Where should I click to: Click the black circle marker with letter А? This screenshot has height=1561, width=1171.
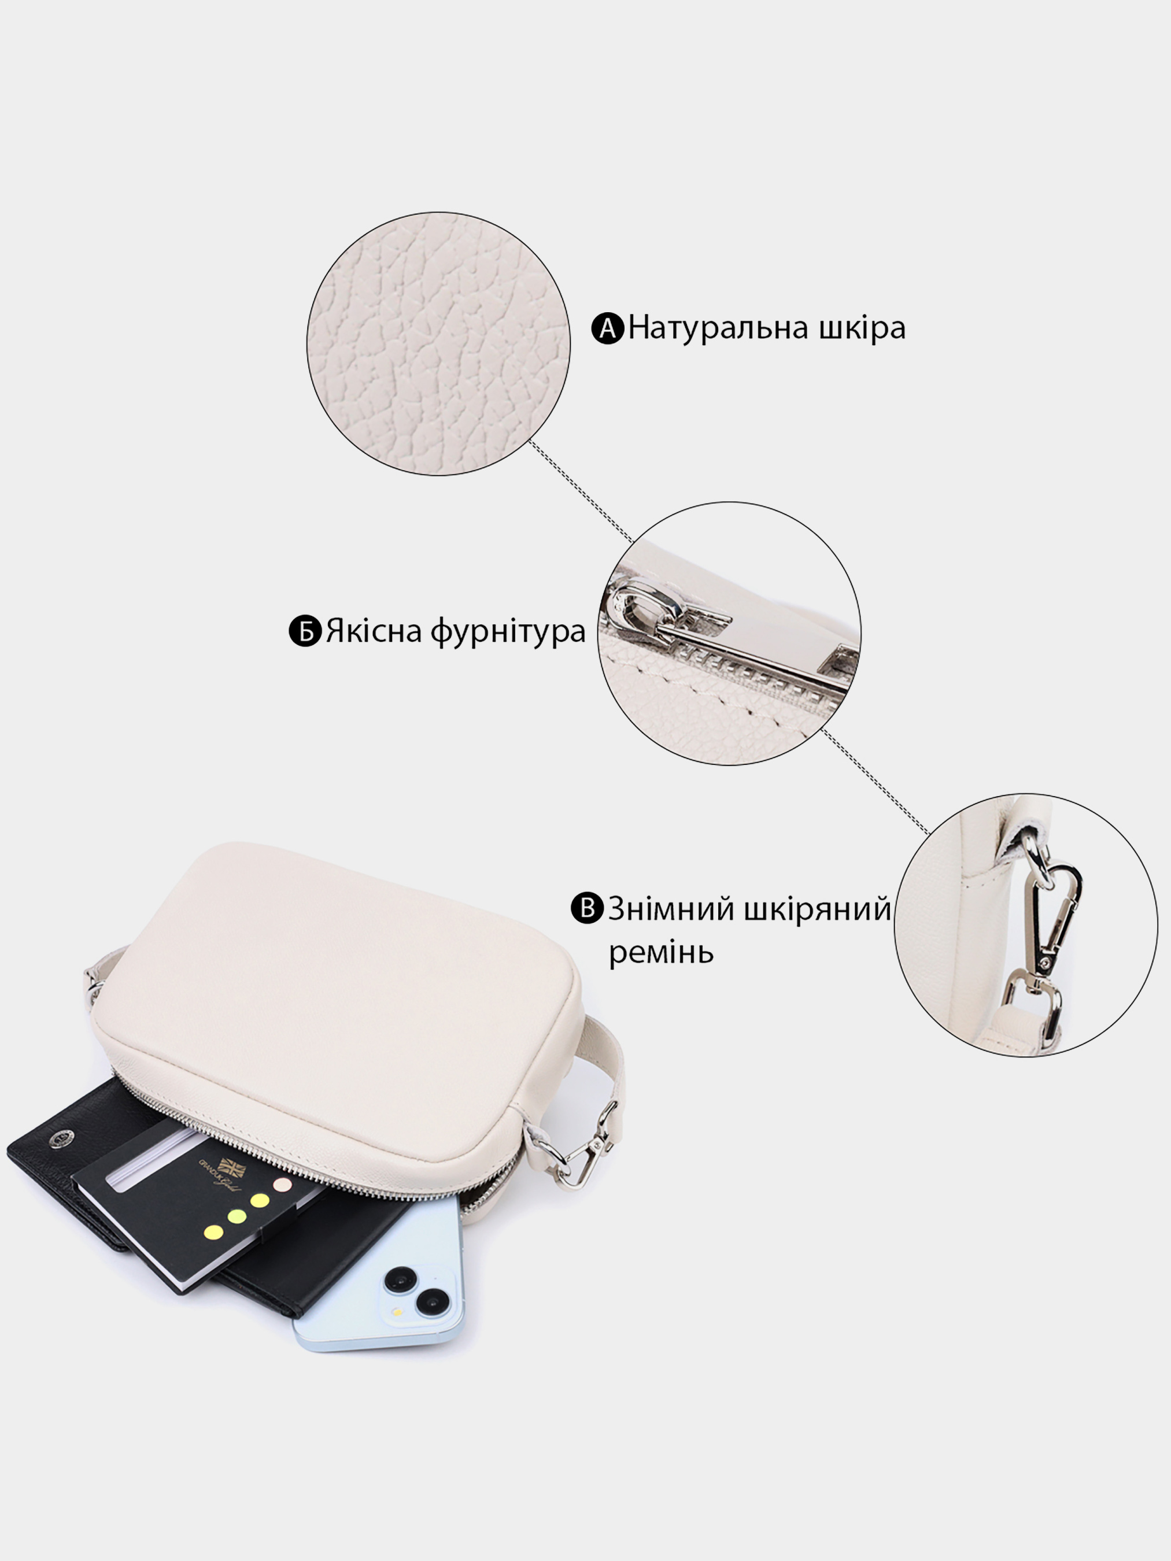pos(608,329)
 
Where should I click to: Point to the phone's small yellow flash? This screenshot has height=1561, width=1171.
pos(398,1311)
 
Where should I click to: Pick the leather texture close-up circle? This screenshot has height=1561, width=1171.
pos(438,343)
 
